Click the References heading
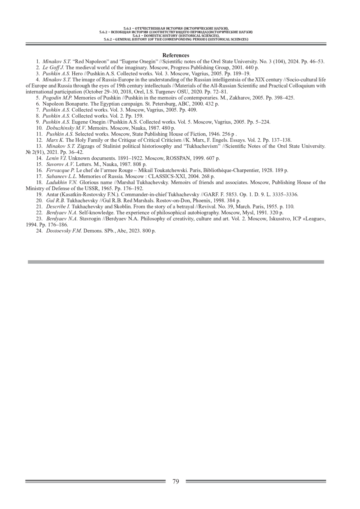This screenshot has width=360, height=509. tap(176, 55)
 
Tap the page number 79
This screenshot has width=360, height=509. tap(176, 481)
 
